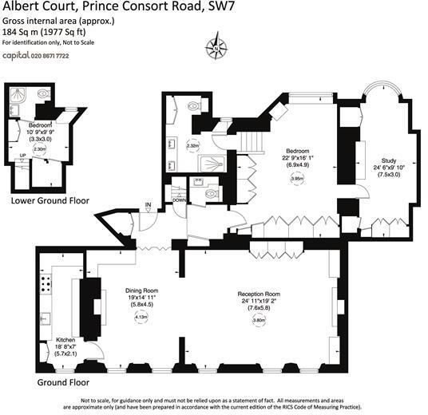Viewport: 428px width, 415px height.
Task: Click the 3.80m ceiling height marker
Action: pos(258,320)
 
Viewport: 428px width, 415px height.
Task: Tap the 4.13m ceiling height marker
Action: pos(141,318)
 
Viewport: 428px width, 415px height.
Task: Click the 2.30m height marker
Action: pos(40,147)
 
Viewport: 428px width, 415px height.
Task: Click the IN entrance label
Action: pos(148,207)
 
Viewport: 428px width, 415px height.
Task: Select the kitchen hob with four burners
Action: pos(45,285)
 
